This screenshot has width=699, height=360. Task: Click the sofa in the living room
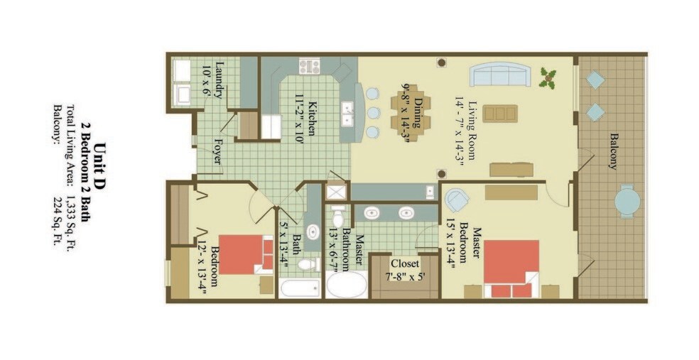click(x=500, y=74)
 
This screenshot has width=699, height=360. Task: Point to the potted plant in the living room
click(x=548, y=78)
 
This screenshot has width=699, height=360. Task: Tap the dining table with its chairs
click(x=411, y=113)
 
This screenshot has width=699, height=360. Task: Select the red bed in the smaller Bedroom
click(x=246, y=254)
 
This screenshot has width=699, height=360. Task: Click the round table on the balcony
click(x=627, y=201)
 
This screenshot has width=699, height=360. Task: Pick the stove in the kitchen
click(x=310, y=67)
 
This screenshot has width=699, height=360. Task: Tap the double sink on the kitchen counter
click(x=347, y=114)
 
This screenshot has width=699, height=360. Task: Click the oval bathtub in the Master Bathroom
click(x=347, y=284)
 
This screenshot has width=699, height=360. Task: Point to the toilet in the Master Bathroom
click(x=338, y=217)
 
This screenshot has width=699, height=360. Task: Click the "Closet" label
click(x=405, y=263)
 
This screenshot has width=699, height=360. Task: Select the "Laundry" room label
click(x=219, y=80)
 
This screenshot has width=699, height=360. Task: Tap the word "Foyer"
click(x=219, y=152)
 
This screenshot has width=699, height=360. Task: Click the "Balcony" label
click(x=614, y=151)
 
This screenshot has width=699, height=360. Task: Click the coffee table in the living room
click(x=500, y=113)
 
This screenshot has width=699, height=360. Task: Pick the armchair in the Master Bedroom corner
click(x=457, y=200)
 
